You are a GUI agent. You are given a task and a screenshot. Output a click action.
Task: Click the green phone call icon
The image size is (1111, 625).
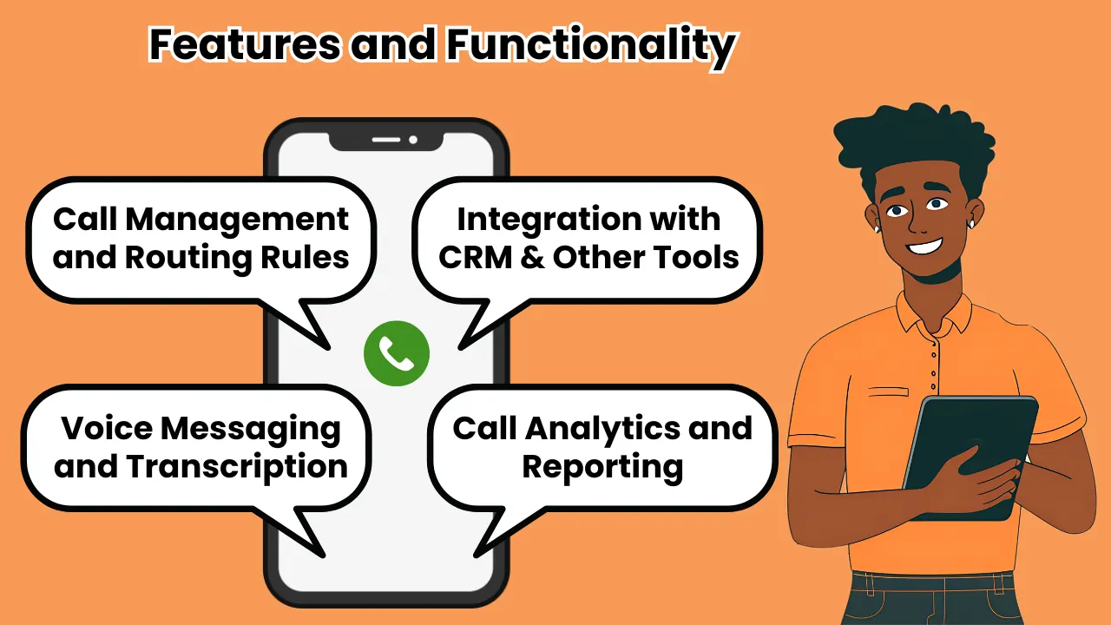pos(397,353)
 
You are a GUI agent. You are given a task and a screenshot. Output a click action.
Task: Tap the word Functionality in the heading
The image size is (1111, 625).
pos(590,45)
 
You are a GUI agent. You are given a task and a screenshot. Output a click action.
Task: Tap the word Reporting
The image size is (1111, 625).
pos(602,466)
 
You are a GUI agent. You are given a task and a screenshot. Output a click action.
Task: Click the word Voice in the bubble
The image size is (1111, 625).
pos(106,428)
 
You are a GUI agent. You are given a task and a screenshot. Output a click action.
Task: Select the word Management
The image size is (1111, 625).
pos(237,220)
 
